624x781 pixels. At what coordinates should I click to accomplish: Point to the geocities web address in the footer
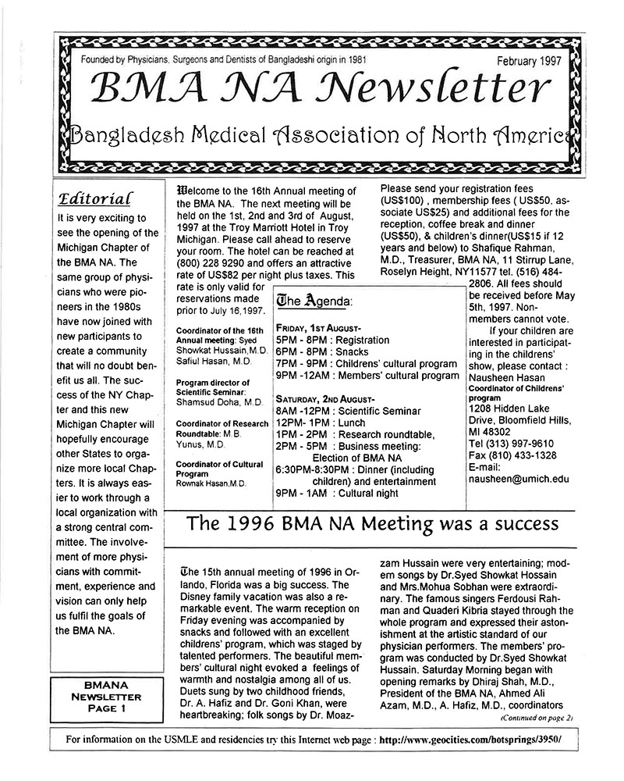pyautogui.click(x=473, y=739)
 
